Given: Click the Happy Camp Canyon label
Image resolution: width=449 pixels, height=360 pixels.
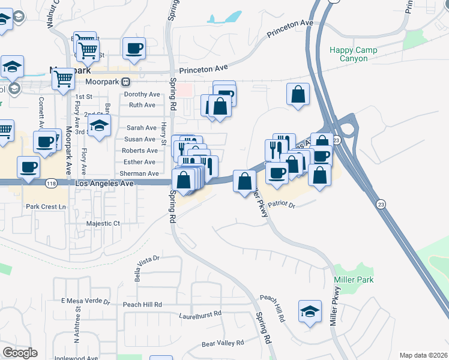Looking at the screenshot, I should [354, 55].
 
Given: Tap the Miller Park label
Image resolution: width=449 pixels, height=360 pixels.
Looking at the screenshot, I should [354, 280].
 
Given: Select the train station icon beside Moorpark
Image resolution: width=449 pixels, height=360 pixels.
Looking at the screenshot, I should [125, 82].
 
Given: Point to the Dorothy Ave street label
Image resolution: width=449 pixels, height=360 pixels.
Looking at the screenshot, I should [142, 94].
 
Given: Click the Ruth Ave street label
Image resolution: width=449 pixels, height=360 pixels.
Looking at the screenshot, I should [142, 105].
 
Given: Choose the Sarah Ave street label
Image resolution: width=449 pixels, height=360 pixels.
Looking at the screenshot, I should [141, 128].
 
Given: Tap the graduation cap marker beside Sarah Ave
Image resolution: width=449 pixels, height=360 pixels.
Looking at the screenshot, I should [100, 126].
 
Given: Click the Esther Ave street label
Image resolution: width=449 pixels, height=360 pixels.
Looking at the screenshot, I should [139, 162].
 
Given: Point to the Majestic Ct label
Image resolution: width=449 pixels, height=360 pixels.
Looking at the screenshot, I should [103, 223].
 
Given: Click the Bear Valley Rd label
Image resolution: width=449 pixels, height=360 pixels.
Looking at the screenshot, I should [223, 343].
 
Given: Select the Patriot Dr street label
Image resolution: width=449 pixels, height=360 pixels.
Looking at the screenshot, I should [282, 205].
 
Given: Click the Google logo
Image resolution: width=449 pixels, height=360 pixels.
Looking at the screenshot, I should [20, 353].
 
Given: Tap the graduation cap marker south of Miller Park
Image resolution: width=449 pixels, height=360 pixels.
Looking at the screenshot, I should [310, 312].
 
